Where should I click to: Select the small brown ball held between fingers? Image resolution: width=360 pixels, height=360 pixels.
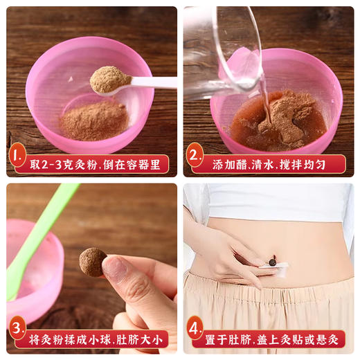(92, 262)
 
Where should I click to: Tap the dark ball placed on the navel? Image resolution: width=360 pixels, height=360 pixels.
(273, 262)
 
